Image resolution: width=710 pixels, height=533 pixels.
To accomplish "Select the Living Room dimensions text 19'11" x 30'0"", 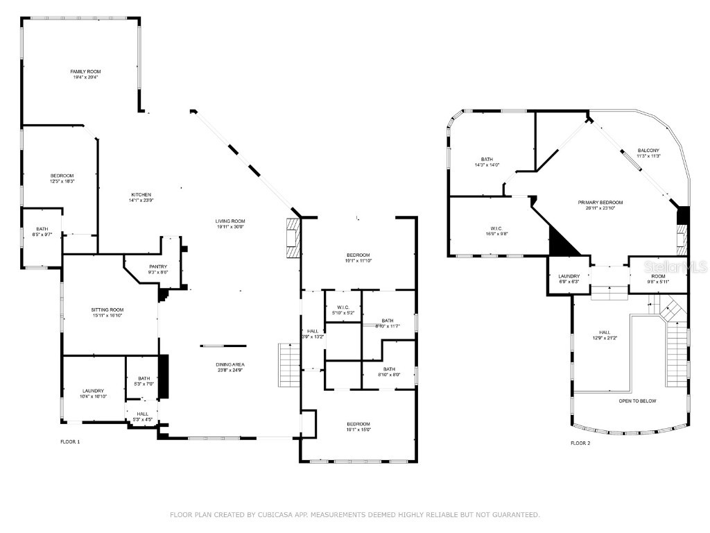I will pos(230,228).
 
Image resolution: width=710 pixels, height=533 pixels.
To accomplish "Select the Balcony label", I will pos(649,151).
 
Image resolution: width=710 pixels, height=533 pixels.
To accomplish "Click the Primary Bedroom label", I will pos(600,203).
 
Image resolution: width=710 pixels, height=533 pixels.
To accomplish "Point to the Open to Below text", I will pos(637,400).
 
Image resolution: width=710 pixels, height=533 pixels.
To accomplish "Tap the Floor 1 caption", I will pos(70,442).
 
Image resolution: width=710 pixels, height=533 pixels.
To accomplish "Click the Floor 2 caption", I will pos(580,443).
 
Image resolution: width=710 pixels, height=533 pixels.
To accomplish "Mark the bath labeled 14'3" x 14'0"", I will pos(487,162).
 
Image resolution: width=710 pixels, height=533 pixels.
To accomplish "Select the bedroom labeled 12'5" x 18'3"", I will pos(62,178).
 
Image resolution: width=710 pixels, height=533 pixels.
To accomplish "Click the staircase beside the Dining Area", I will pos(288,365).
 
